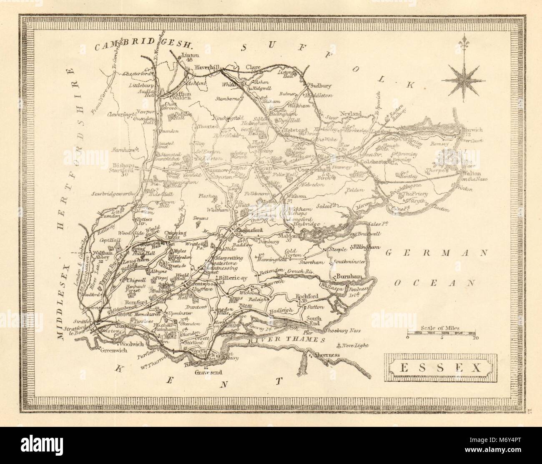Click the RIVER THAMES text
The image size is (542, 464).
tap(286, 340)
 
